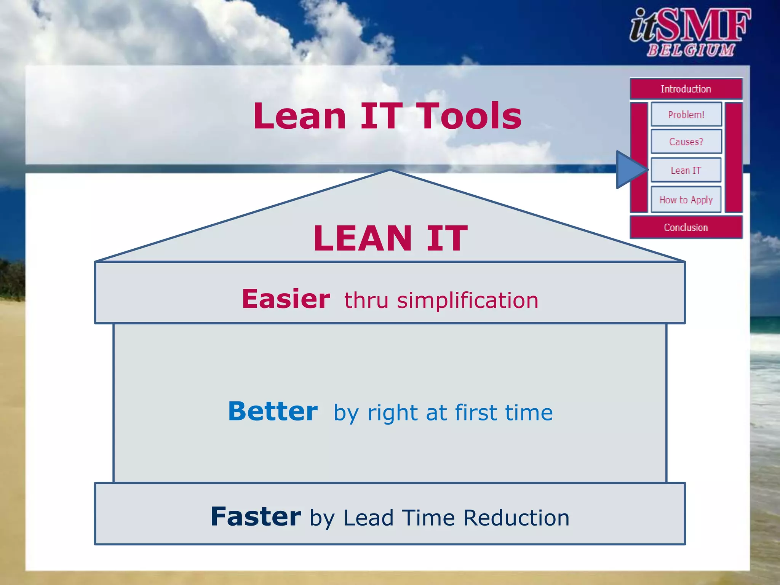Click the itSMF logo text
689,26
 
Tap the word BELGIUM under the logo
690,50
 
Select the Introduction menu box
686,89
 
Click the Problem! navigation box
686,115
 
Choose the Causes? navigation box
686,142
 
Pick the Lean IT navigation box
686,170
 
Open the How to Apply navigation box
686,200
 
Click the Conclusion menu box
686,227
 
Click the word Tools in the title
469,116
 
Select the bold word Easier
286,299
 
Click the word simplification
468,300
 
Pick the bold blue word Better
273,412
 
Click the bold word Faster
256,517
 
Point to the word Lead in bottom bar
368,518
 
